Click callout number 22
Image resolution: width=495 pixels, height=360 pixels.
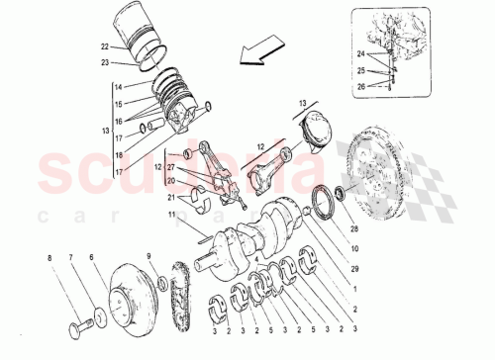coord(103,46)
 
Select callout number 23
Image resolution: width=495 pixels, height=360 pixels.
coord(103,63)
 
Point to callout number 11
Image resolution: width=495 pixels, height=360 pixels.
coord(170,215)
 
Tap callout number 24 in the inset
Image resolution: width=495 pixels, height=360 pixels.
coord(360,51)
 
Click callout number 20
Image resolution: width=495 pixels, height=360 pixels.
coord(172,181)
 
